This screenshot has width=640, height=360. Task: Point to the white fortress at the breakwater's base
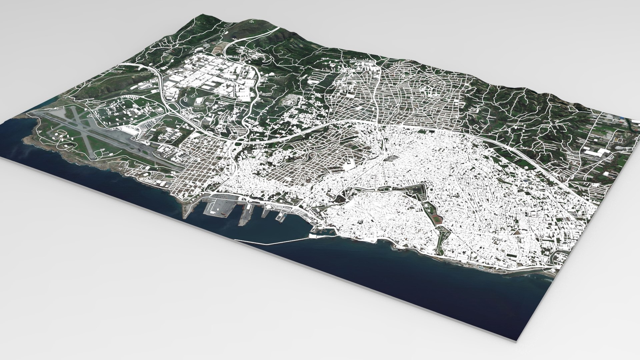pos(313,236)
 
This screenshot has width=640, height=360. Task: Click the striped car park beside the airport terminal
pos(144,126)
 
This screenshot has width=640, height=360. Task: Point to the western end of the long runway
pos(40,113)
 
